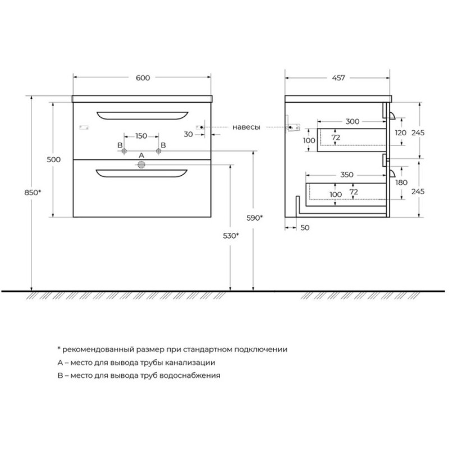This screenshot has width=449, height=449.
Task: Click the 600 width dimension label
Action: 143,77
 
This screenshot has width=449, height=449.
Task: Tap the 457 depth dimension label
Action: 338,77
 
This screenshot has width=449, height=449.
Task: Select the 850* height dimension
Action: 33,193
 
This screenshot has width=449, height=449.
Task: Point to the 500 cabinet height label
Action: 53,159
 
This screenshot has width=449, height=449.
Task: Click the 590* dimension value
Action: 255,218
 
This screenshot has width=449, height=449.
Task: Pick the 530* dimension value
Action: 231,236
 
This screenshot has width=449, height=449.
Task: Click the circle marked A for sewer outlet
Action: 141,164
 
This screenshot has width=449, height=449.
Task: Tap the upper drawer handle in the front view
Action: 143,115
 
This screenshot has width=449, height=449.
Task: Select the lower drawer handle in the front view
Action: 142,173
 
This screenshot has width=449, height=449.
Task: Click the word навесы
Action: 246,127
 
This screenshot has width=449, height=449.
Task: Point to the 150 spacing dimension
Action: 141,136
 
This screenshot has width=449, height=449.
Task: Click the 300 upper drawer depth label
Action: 352,121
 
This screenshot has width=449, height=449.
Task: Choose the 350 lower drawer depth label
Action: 347,175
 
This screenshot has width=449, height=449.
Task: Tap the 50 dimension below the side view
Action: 305,227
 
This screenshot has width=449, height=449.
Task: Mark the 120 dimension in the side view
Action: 401,132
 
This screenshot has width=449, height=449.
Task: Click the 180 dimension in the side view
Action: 401,182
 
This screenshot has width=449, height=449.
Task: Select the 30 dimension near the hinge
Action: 188,134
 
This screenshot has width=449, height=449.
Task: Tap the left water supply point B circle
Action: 124,151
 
